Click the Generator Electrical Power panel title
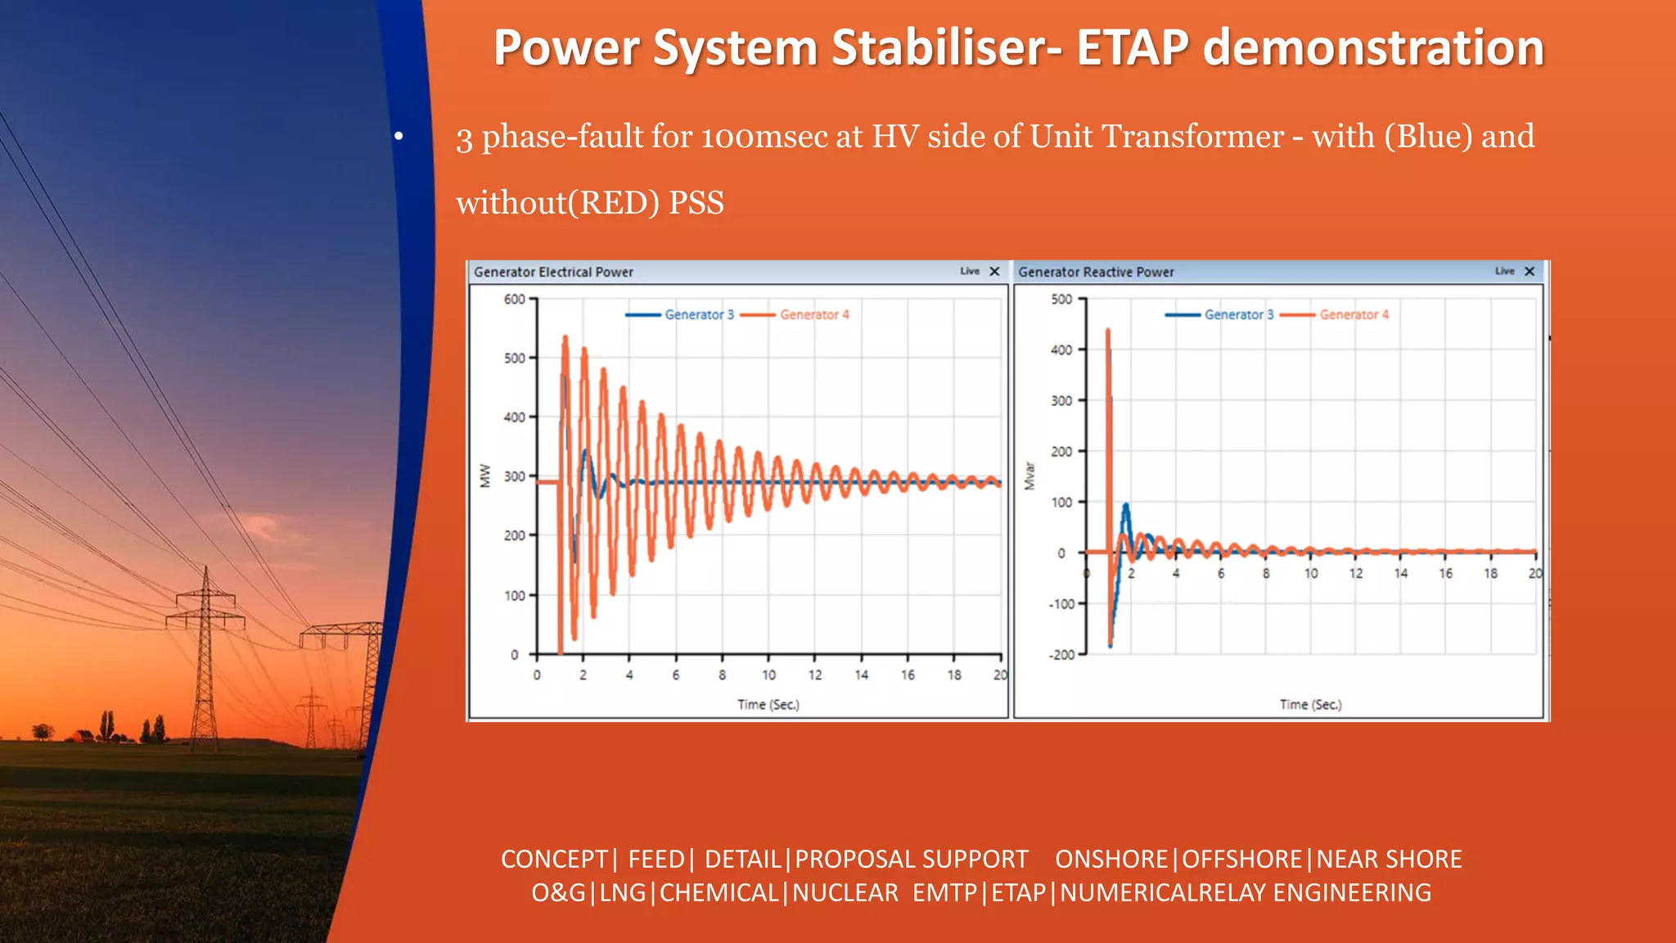pos(553,272)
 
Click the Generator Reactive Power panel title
pos(1096,272)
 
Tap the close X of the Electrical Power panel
pos(994,271)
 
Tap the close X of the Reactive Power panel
pos(1530,271)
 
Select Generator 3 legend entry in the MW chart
pos(698,314)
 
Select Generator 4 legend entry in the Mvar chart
pos(1353,314)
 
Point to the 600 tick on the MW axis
pos(515,300)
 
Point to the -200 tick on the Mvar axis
pos(1061,655)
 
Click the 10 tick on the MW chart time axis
pos(768,675)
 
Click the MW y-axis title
pos(485,476)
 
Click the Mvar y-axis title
pos(1029,476)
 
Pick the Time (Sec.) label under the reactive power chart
pos(1310,704)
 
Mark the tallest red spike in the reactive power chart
pos(1108,332)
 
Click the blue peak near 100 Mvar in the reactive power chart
pos(1126,506)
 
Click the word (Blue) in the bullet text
pos(1428,137)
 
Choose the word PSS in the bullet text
pos(696,203)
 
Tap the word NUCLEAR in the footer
pos(845,892)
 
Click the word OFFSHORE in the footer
pos(1241,859)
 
